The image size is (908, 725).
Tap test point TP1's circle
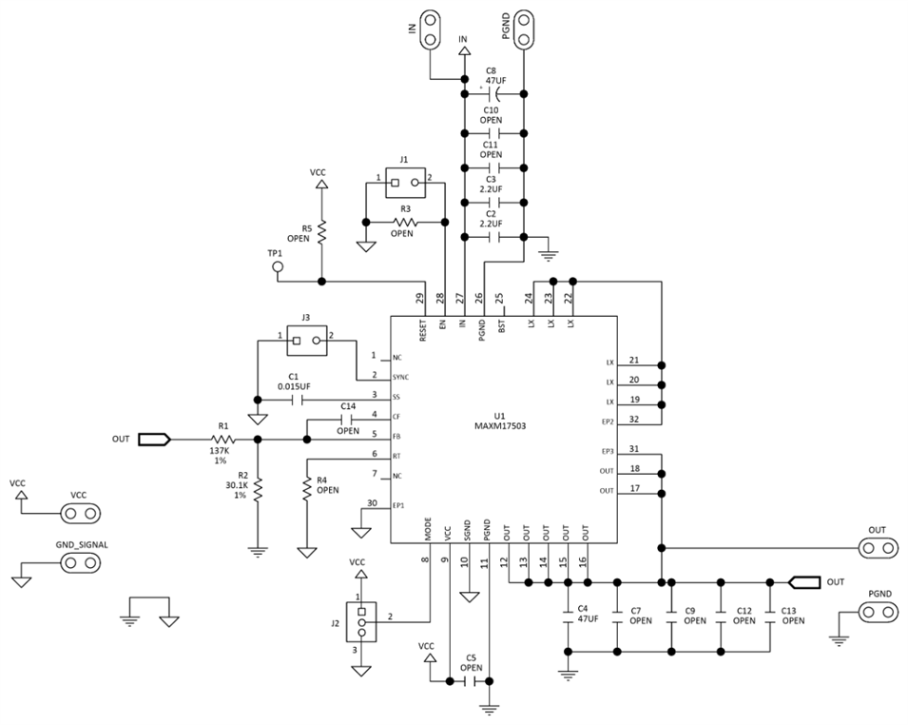click(279, 267)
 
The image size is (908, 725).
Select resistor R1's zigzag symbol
click(223, 440)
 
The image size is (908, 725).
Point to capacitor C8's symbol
click(493, 93)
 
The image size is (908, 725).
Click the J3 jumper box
click(304, 338)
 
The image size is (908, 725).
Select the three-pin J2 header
click(360, 622)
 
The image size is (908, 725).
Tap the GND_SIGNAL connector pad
click(81, 562)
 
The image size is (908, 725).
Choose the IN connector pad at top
click(430, 28)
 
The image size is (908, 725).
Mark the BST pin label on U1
click(504, 323)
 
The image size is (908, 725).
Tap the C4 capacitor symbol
click(569, 608)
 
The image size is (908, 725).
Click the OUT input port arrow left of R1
click(155, 440)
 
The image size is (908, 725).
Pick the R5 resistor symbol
click(321, 230)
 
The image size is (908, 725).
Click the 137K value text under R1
click(221, 451)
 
